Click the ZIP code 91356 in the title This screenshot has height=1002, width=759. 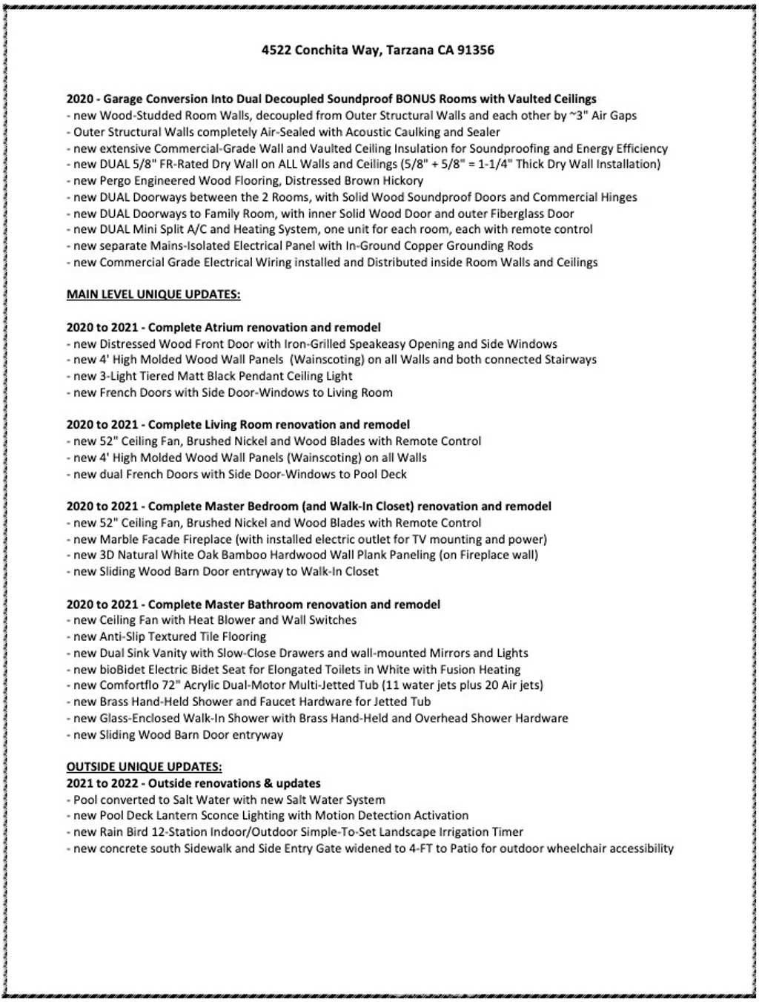tap(476, 50)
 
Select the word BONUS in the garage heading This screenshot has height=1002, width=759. tap(415, 99)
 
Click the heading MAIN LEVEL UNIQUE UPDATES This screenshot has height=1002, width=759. tap(153, 294)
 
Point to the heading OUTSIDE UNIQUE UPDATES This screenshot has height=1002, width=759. tap(144, 767)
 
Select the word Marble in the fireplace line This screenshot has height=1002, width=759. tap(119, 539)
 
